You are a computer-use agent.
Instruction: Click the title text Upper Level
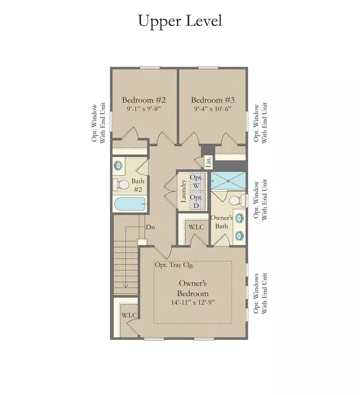click(179, 20)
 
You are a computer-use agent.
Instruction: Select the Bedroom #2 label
click(144, 100)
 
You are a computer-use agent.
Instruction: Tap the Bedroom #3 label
click(213, 100)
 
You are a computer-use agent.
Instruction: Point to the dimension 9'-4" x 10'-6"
click(213, 110)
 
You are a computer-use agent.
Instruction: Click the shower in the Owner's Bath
click(228, 181)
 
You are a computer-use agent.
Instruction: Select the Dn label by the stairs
click(152, 228)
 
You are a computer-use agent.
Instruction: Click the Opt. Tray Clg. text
click(174, 265)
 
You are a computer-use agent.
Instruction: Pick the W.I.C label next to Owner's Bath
click(195, 228)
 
